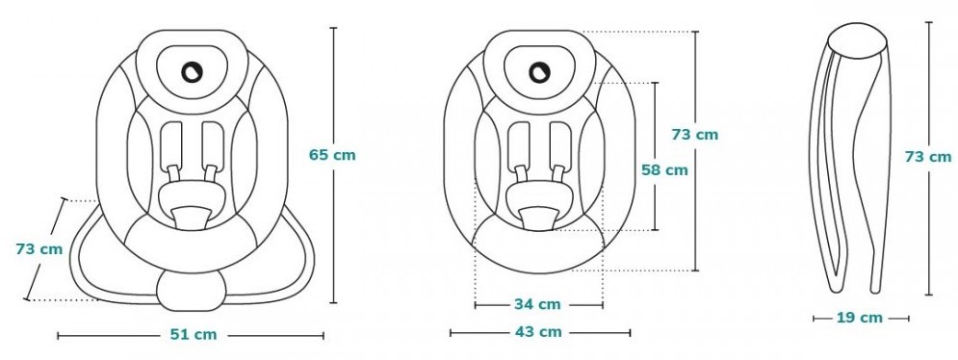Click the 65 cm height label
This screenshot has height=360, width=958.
(332, 155)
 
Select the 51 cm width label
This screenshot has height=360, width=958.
(194, 335)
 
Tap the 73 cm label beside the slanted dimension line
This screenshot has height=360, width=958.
(39, 249)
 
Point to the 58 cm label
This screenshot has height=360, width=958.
(664, 170)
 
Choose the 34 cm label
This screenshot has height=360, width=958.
(537, 304)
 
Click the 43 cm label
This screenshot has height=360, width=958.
(538, 332)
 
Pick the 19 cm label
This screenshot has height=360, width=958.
(859, 318)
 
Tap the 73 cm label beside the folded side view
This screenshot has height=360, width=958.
(928, 157)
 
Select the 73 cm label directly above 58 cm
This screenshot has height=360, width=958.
(695, 135)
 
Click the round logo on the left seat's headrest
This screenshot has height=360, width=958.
(192, 71)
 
